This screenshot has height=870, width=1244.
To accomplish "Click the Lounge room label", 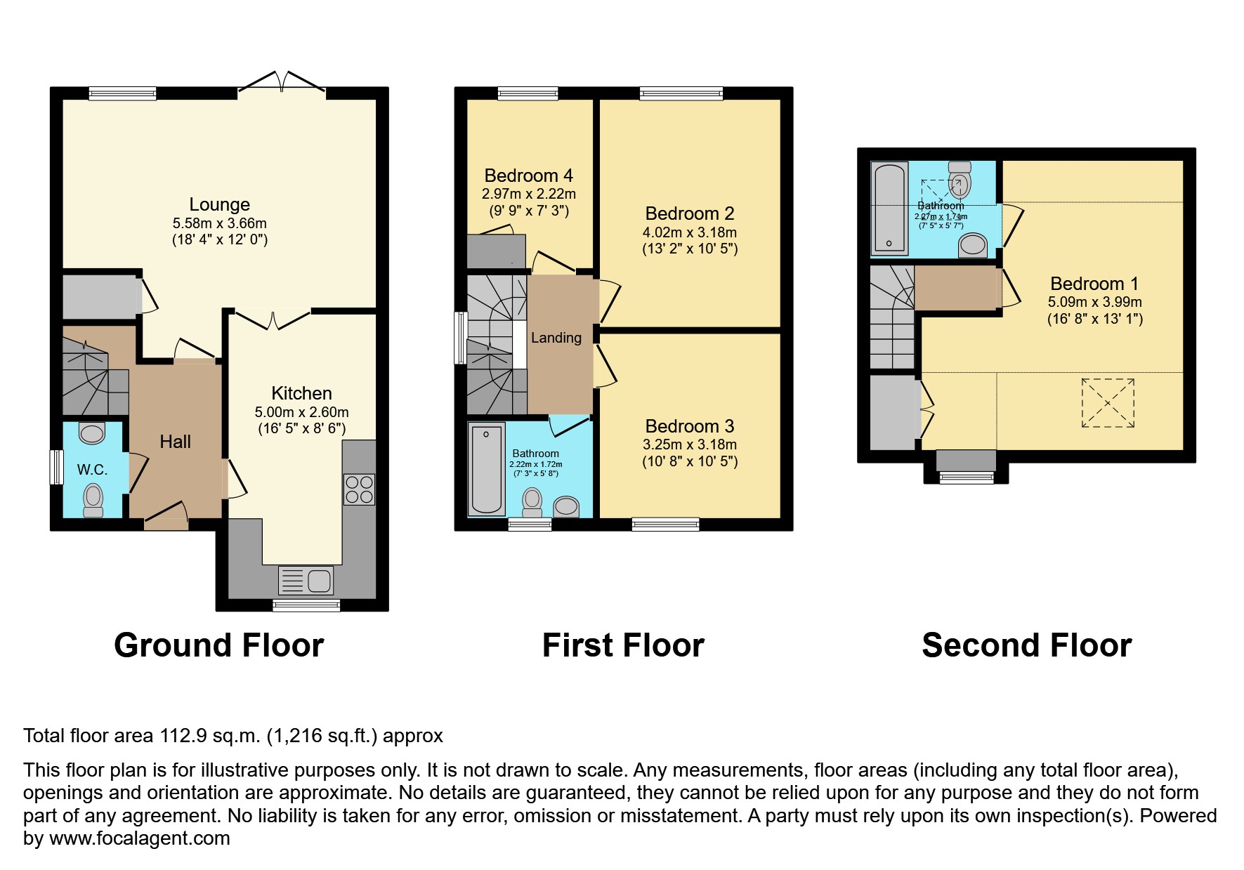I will pyautogui.click(x=219, y=204).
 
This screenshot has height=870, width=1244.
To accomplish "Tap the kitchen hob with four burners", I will pyautogui.click(x=359, y=489).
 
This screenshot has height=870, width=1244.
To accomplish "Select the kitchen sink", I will pyautogui.click(x=306, y=581).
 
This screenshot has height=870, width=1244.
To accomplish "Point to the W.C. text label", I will pyautogui.click(x=92, y=470).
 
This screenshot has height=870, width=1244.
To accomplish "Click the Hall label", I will pyautogui.click(x=175, y=442).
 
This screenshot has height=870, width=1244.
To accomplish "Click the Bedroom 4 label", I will pyautogui.click(x=528, y=176).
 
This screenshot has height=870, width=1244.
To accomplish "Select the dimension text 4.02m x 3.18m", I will pyautogui.click(x=689, y=232).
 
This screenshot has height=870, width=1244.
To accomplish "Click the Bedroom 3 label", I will pyautogui.click(x=689, y=426).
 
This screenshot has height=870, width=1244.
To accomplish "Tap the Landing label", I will pyautogui.click(x=556, y=338).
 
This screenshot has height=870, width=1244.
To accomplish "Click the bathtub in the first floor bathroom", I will pyautogui.click(x=486, y=469).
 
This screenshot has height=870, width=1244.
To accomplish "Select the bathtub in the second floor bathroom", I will pyautogui.click(x=889, y=208).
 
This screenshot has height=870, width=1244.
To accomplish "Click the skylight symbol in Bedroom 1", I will pyautogui.click(x=1107, y=403).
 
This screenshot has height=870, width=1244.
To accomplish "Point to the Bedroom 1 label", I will pyautogui.click(x=1094, y=284).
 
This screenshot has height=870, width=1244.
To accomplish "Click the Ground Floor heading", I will pyautogui.click(x=218, y=645).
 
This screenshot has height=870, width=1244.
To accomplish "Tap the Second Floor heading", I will pyautogui.click(x=1026, y=645).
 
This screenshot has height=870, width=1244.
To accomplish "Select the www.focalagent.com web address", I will pyautogui.click(x=139, y=838).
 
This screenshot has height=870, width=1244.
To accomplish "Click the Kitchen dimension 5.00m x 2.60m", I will pyautogui.click(x=301, y=412).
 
